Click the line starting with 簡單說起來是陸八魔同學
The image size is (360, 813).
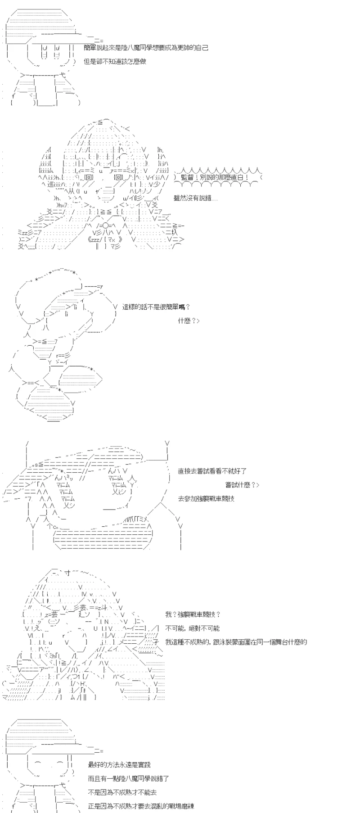click(x=146, y=48)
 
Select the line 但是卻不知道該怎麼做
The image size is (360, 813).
click(x=115, y=62)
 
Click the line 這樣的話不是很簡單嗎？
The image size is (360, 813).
click(x=156, y=307)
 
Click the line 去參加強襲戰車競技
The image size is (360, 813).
click(x=206, y=499)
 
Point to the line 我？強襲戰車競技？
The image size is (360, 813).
click(x=193, y=614)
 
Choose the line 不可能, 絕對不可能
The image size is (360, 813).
click(x=192, y=628)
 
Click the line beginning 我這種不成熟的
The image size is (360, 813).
click(x=236, y=642)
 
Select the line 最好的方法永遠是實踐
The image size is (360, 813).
click(x=120, y=764)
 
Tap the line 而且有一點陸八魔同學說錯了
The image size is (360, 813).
click(x=129, y=778)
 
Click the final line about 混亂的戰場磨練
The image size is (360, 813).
click(x=141, y=806)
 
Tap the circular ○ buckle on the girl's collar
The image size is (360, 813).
click(x=104, y=225)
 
